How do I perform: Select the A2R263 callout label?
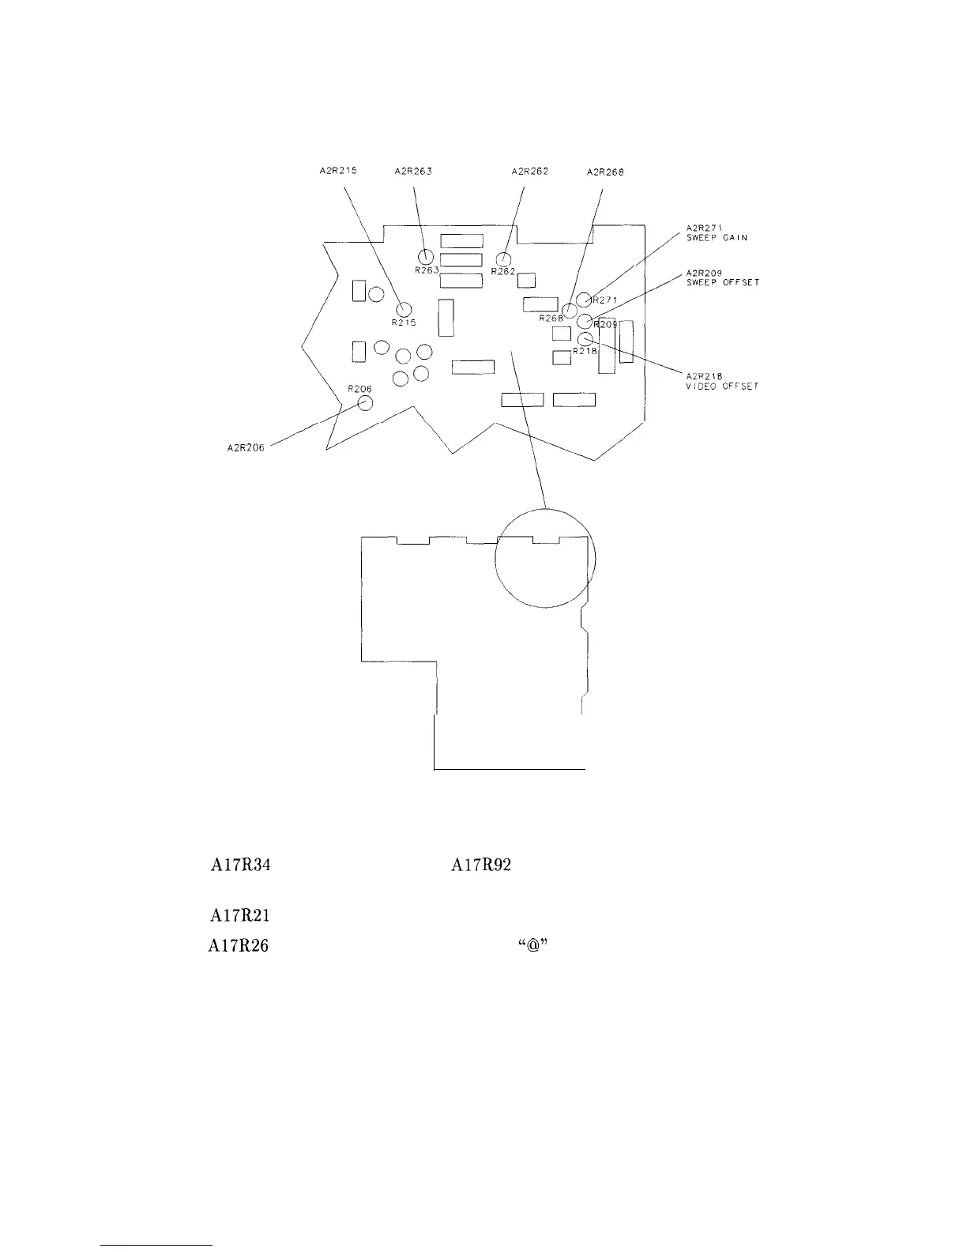(412, 172)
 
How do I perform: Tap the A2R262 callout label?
(531, 172)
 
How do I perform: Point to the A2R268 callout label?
(606, 172)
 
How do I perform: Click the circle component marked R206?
(365, 403)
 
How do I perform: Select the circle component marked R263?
(426, 256)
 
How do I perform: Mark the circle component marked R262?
(503, 259)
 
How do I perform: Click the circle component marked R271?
(583, 300)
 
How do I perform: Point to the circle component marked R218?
(584, 340)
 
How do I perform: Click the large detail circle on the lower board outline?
(545, 558)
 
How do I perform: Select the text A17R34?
(240, 865)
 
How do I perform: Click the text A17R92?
(481, 865)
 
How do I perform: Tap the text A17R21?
(240, 916)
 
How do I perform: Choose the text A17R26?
(239, 946)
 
